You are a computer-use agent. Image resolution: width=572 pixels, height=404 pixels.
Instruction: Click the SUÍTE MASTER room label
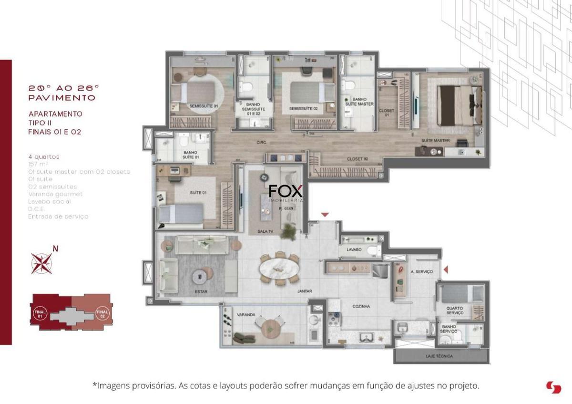pyautogui.click(x=435, y=141)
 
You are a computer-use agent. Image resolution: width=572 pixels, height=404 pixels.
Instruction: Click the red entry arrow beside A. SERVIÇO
pyautogui.click(x=446, y=270)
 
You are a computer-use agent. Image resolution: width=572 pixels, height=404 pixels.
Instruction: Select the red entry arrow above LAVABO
pyautogui.click(x=325, y=215)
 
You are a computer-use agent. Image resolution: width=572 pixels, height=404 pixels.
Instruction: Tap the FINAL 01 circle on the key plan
pyautogui.click(x=40, y=314)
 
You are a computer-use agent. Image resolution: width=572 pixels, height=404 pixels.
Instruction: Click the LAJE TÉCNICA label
pyautogui.click(x=439, y=356)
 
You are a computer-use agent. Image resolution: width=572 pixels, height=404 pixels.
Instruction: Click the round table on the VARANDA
pyautogui.click(x=270, y=328)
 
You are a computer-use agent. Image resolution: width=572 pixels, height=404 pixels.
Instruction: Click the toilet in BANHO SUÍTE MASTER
pyautogui.click(x=350, y=86)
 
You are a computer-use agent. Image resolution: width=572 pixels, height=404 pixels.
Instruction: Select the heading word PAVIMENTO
pyautogui.click(x=61, y=98)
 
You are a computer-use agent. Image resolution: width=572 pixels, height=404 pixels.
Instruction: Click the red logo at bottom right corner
pyautogui.click(x=553, y=387)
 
